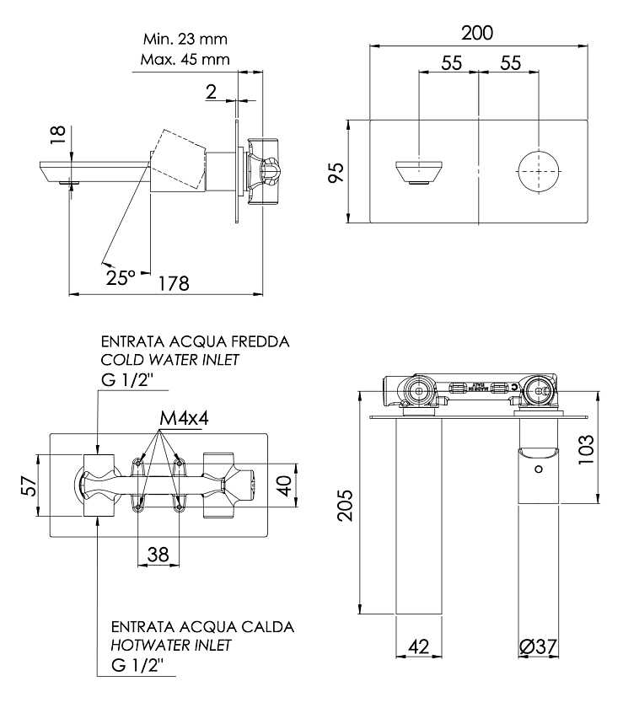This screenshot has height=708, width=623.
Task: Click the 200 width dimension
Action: point(477,34)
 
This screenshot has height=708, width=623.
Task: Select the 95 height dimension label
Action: point(336,172)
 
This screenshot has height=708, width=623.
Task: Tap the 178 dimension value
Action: point(174,283)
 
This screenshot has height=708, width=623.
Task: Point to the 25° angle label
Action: point(121,277)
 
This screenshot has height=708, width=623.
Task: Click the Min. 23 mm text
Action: point(185,40)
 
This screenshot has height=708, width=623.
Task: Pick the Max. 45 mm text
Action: point(185,59)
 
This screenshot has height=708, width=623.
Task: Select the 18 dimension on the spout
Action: point(58,135)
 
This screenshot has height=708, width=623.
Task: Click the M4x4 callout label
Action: point(185,419)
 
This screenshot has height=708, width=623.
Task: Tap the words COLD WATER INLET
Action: point(169,360)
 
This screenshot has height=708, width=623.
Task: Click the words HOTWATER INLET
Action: point(171,646)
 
